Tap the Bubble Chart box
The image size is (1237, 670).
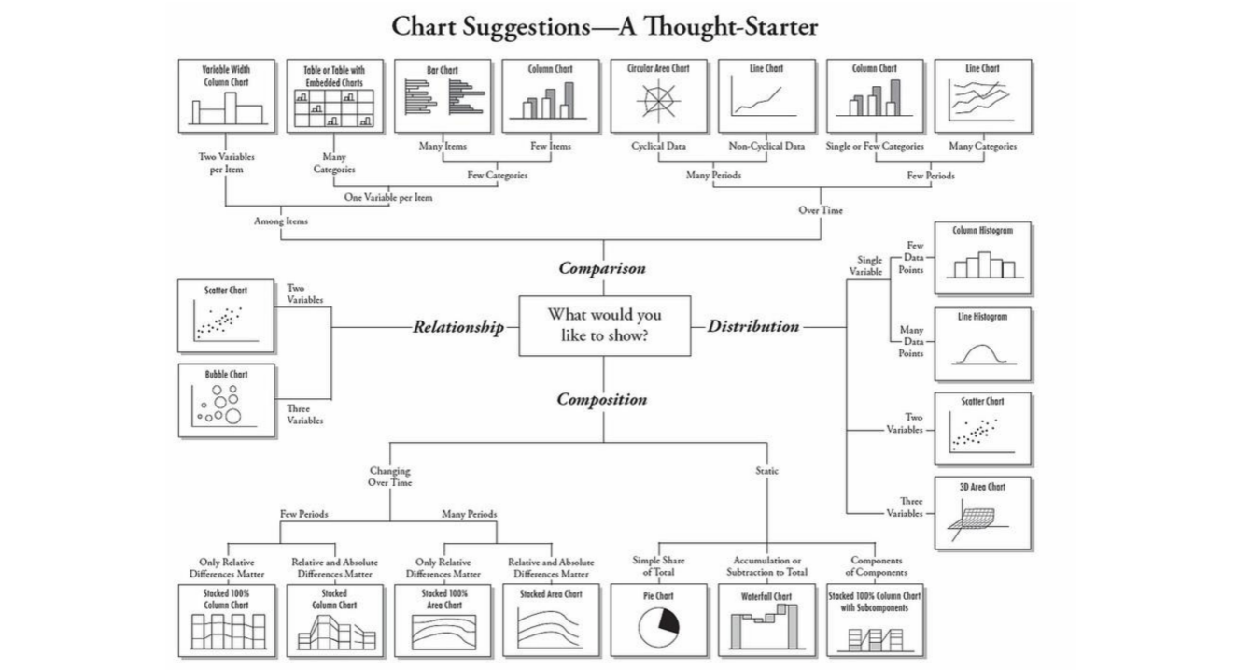226,400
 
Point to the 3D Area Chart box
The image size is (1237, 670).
982,513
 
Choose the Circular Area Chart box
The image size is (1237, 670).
658,96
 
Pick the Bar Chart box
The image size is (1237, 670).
443,96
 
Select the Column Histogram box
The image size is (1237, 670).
982,258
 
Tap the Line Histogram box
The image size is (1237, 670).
982,344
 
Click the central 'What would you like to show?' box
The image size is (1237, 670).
604,325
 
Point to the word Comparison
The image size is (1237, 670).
602,268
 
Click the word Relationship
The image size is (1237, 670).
458,327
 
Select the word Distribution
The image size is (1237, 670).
752,326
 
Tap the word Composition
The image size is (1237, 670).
602,399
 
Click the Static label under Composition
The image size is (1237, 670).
766,471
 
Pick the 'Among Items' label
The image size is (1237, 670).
281,221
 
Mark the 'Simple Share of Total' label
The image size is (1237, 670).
658,565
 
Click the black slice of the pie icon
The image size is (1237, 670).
668,620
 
